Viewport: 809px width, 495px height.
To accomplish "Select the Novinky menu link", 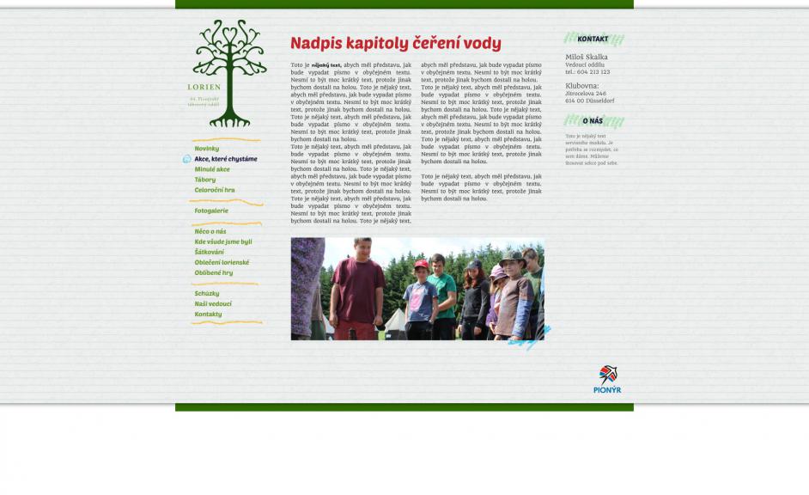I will tap(206, 149).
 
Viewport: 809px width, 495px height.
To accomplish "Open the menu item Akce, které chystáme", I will tap(225, 159).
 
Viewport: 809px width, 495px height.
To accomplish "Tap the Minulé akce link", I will tap(212, 169).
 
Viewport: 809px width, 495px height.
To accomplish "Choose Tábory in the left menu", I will tap(204, 180).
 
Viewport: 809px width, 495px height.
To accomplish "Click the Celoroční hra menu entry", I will tap(214, 190).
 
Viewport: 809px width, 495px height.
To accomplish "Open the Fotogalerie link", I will tap(211, 211).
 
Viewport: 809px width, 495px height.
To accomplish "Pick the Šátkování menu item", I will tap(209, 252).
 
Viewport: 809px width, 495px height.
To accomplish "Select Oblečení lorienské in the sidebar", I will tap(222, 262).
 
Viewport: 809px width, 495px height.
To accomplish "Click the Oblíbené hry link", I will tap(213, 272).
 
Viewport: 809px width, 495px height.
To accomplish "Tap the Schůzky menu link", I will tap(206, 293).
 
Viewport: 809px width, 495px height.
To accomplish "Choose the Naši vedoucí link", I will tap(213, 303).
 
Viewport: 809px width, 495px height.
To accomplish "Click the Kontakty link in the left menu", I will tap(208, 314).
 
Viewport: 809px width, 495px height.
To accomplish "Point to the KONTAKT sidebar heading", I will tap(593, 39).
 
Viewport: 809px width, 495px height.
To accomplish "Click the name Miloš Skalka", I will tap(586, 57).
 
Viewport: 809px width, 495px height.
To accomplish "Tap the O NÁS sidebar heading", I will tap(593, 121).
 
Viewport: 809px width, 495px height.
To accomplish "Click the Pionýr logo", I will tap(607, 379).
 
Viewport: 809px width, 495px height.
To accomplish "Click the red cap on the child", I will tap(421, 265).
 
